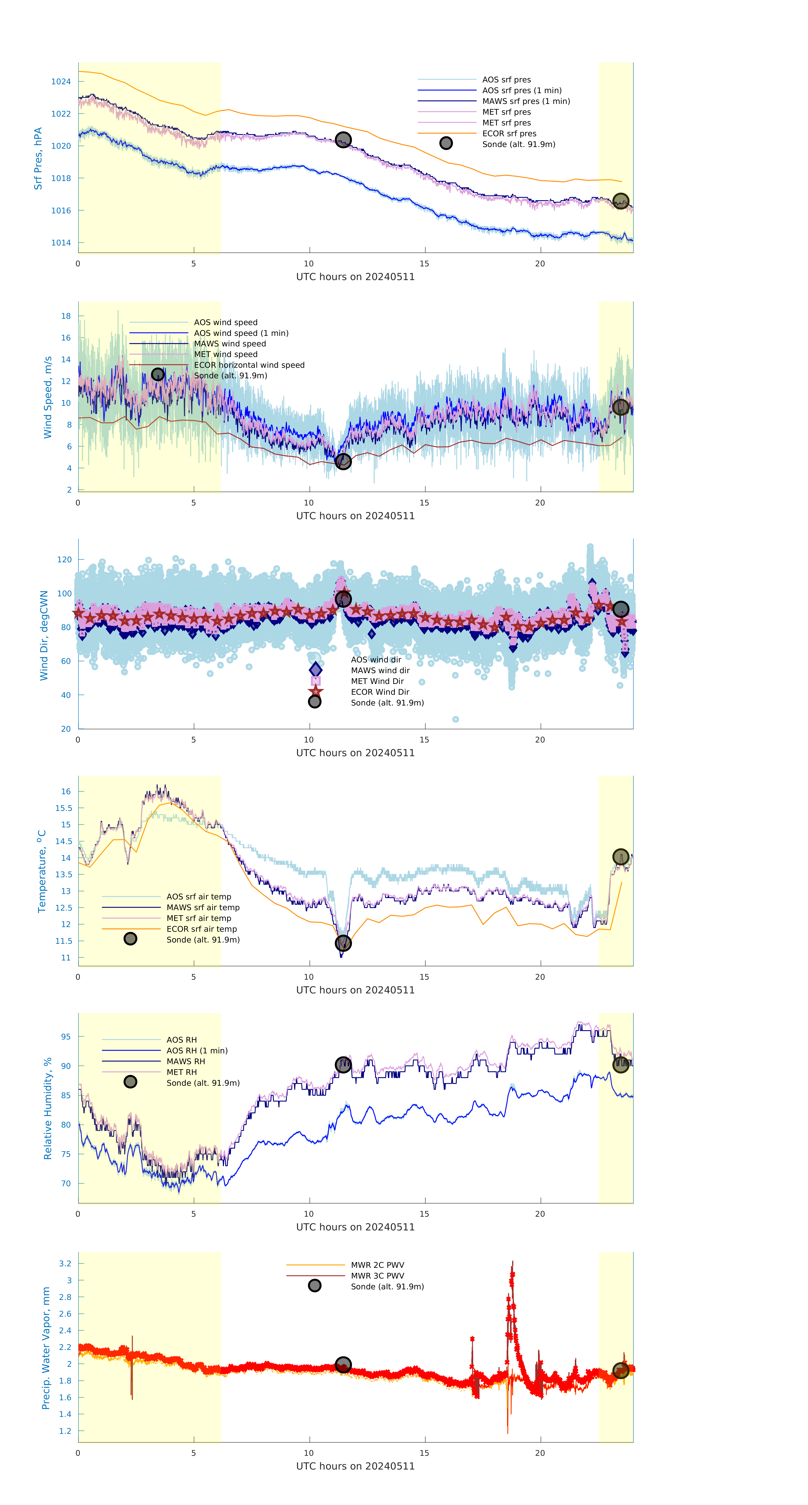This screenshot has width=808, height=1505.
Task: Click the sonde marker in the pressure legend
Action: tap(446, 143)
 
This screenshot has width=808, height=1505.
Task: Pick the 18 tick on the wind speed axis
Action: tap(66, 316)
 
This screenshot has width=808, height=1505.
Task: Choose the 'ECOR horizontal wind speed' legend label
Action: tap(249, 365)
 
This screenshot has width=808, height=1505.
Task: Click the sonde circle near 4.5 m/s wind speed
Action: tap(343, 462)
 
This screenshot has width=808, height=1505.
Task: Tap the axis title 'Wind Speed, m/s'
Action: tap(48, 397)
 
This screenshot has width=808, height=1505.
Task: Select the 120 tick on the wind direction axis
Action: tap(64, 560)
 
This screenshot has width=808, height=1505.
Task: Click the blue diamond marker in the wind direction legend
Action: tap(315, 670)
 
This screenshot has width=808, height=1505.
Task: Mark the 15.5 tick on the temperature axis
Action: tap(64, 809)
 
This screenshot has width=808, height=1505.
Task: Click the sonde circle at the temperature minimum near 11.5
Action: tap(343, 943)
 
